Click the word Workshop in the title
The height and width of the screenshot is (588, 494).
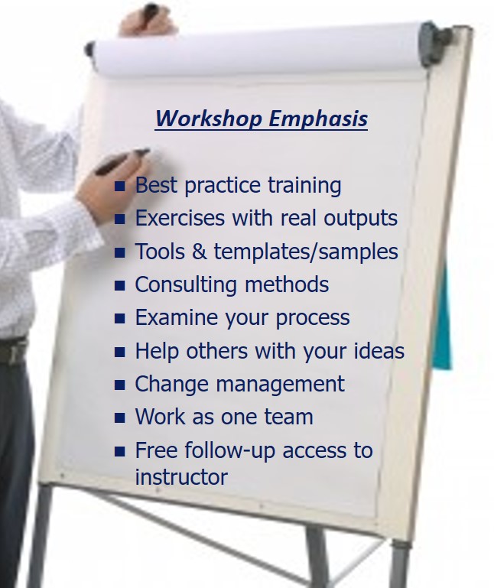pos(209,119)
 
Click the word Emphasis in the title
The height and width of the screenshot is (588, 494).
pos(318,119)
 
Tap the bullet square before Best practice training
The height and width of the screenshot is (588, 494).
pos(119,186)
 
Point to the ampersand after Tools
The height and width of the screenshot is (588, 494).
pos(199,252)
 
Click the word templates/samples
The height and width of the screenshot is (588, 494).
pos(306,252)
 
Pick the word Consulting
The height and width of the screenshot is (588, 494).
pos(186,285)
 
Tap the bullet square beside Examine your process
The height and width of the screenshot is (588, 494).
pos(119,318)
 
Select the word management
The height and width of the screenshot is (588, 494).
pos(280,385)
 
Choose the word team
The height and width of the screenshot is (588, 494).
pos(288,417)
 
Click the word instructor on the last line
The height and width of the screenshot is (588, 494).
pos(181,477)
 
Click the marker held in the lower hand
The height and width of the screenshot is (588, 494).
pos(122,161)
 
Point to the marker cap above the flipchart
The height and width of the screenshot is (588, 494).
pos(151,11)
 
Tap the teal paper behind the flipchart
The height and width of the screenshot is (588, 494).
pos(443,319)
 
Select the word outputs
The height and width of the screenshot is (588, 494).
pos(360,219)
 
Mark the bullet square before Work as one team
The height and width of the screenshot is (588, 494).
pos(119,417)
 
